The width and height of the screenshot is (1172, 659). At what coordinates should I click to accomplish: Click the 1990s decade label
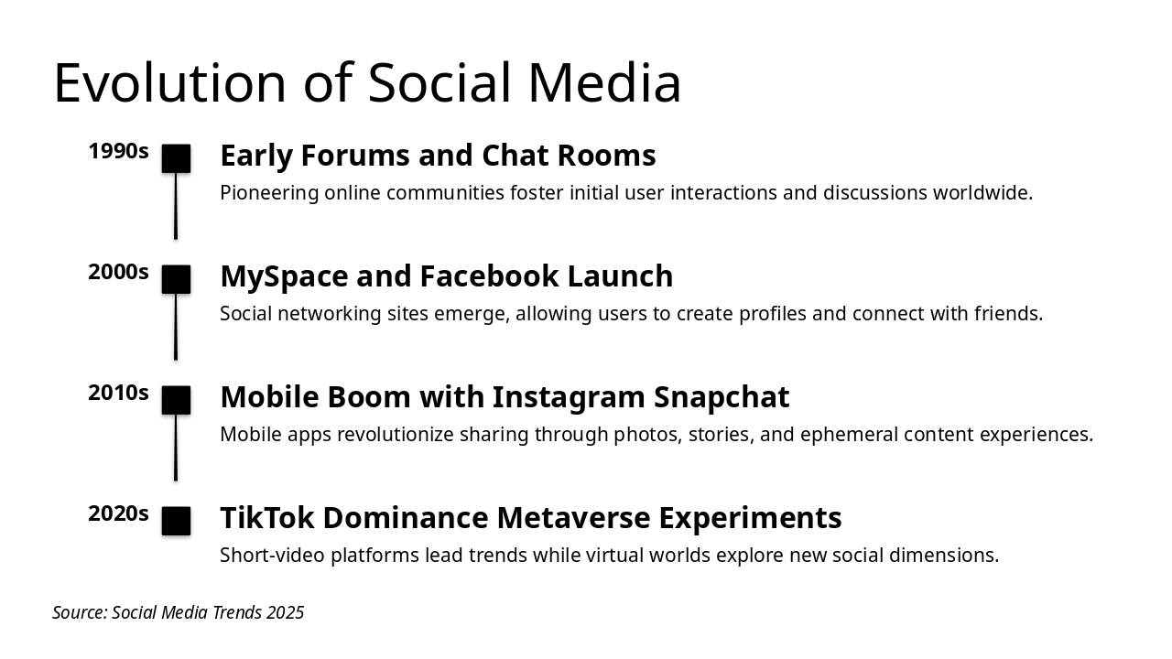(118, 151)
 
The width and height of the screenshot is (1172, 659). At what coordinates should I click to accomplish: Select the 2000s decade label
(118, 272)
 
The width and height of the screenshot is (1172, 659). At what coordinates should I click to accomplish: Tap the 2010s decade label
(118, 393)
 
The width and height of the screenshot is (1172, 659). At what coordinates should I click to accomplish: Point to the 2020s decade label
(118, 513)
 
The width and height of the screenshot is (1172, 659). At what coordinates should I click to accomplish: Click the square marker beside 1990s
(176, 158)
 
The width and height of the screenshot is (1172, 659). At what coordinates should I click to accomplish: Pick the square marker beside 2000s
(176, 279)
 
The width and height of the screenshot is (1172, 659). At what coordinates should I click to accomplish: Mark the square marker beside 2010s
(176, 400)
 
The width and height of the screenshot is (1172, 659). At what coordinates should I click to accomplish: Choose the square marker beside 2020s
(176, 521)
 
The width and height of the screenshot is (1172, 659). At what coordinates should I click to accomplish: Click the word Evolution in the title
(170, 82)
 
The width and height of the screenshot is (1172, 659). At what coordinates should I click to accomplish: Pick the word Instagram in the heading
(568, 397)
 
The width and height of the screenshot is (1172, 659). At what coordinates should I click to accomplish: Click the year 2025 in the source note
(285, 612)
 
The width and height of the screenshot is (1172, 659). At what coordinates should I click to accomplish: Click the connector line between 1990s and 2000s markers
(176, 206)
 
